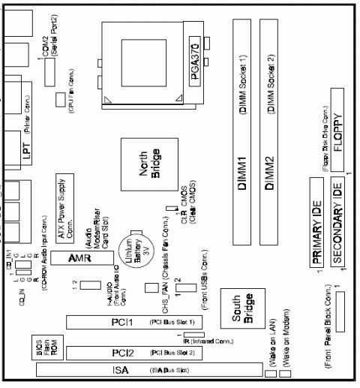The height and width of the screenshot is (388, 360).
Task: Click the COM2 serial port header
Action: click(50, 72)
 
